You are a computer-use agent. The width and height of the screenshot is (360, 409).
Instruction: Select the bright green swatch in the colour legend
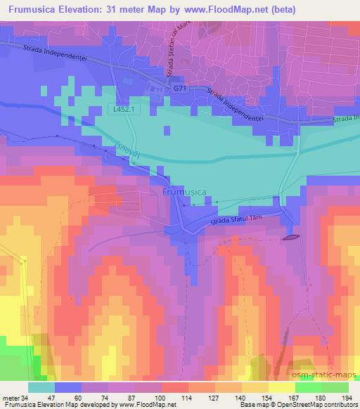pyautogui.click(x=309, y=387)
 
